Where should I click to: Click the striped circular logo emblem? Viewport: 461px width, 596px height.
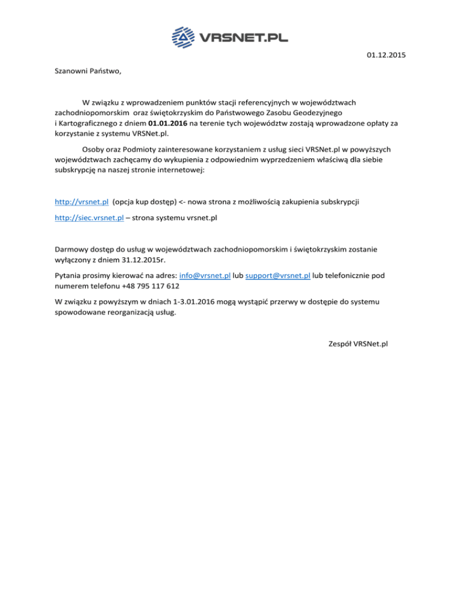[184, 38]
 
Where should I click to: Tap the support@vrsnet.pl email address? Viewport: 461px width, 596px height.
[278, 276]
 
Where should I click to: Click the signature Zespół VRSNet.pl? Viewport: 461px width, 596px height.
[358, 344]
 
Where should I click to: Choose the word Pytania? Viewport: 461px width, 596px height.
[69, 276]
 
